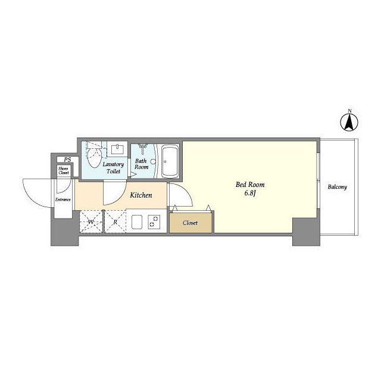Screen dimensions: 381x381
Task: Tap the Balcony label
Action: [x=337, y=187]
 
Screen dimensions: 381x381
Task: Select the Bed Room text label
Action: [x=250, y=185]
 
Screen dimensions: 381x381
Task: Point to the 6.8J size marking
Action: [x=250, y=193]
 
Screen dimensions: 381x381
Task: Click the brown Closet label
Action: [x=190, y=223]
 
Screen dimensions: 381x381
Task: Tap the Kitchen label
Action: [x=141, y=195]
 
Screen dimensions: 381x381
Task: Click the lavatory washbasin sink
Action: [x=117, y=149]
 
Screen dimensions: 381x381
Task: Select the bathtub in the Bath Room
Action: [x=170, y=161]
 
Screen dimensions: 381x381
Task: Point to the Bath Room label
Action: [x=141, y=164]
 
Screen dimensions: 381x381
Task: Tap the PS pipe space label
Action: [x=67, y=160]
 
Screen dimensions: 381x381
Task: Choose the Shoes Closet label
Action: [x=64, y=171]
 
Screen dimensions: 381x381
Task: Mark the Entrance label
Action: [x=63, y=199]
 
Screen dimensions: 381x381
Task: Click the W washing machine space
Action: [x=91, y=222]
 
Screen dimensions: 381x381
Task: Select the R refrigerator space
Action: [x=115, y=222]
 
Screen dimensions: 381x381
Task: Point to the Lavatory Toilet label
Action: [x=113, y=168]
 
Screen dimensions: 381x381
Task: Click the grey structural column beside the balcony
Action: [x=306, y=232]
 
